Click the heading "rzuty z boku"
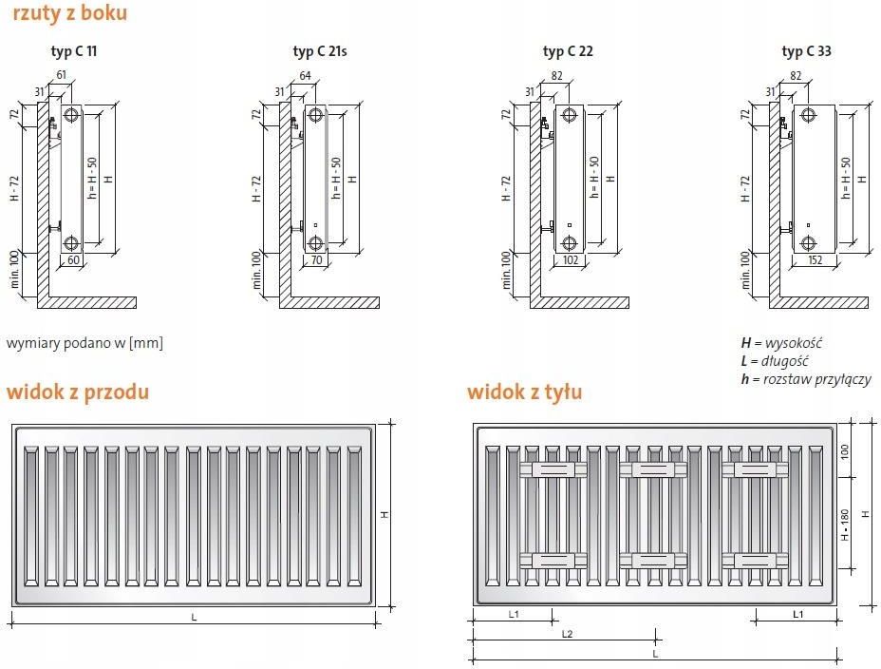(x=69, y=13)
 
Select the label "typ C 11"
(x=74, y=51)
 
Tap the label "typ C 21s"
(x=320, y=51)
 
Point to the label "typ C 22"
(x=568, y=51)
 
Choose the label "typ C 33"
(x=806, y=51)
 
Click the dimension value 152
(x=815, y=259)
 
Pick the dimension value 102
(x=571, y=259)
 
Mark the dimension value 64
(x=305, y=75)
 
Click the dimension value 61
(x=62, y=74)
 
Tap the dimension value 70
(x=316, y=259)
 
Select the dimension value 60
(x=74, y=259)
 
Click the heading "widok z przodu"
(x=78, y=392)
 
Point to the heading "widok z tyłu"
(x=524, y=392)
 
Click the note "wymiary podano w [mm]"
(x=84, y=343)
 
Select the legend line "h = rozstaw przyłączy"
(x=806, y=379)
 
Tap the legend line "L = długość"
(x=775, y=361)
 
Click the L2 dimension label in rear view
(x=568, y=634)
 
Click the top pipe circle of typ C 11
(x=71, y=115)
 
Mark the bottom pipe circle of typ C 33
(x=809, y=243)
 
